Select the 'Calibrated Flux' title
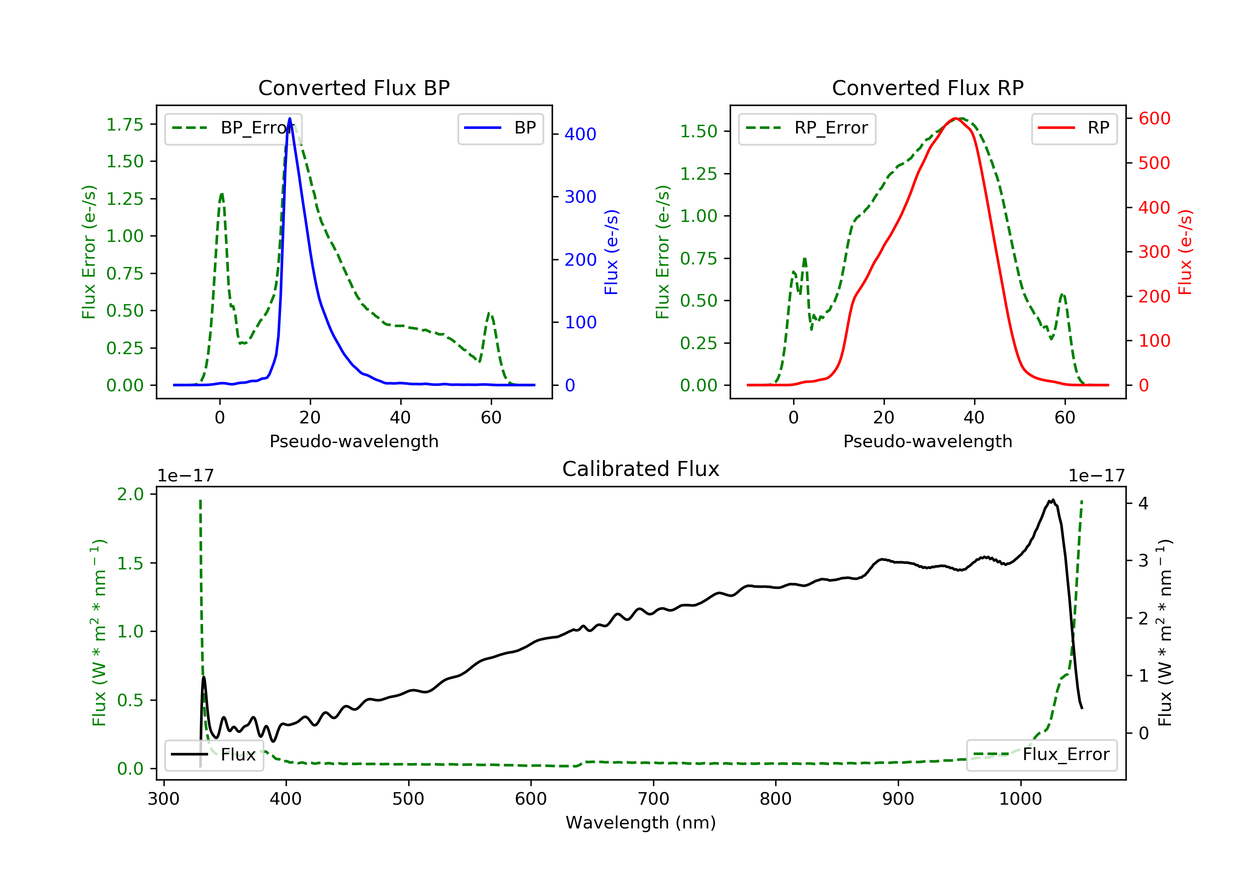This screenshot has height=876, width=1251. click(x=641, y=469)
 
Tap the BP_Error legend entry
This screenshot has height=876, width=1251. click(x=233, y=128)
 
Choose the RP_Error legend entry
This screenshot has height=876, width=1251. click(x=807, y=128)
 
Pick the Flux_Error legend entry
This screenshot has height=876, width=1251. click(x=1041, y=755)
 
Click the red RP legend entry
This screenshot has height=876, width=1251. click(x=1074, y=128)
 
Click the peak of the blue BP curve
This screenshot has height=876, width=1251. click(x=289, y=118)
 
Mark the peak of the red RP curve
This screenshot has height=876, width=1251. click(x=956, y=118)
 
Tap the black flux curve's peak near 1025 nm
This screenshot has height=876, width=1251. click(x=1053, y=500)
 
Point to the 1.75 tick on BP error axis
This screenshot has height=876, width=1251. click(x=125, y=125)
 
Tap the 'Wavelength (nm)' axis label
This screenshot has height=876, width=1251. click(x=641, y=823)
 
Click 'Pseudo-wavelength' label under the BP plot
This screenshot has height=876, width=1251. click(x=354, y=441)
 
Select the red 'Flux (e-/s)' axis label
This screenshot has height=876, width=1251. click(x=1185, y=252)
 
